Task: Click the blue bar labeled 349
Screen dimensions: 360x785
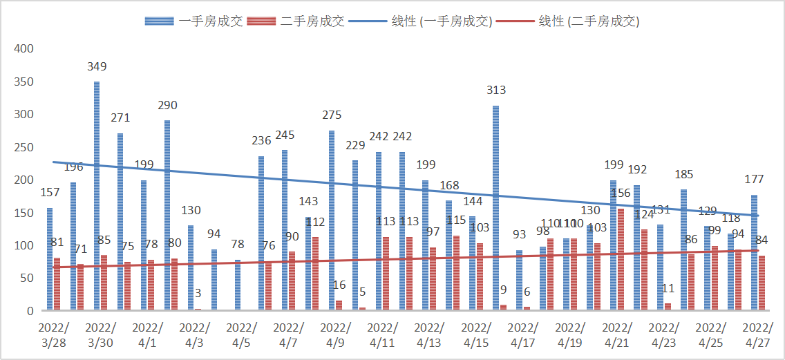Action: tap(97, 196)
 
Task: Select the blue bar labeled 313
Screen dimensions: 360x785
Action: tap(496, 207)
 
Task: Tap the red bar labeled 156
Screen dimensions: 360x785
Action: tap(620, 259)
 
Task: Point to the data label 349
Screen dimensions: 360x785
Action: tap(97, 67)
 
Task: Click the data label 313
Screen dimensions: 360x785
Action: tap(496, 90)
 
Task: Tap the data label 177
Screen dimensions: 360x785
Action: tap(754, 180)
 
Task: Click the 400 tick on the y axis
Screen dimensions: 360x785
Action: tap(24, 49)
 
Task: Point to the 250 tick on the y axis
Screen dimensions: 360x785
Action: tap(24, 147)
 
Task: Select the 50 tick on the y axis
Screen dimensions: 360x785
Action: tap(27, 278)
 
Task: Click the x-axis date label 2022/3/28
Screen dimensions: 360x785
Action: tap(54, 334)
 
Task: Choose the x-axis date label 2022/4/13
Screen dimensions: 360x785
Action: tap(429, 334)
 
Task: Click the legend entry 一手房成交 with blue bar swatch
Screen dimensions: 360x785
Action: tap(194, 21)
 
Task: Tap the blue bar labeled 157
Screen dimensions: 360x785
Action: tap(50, 259)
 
